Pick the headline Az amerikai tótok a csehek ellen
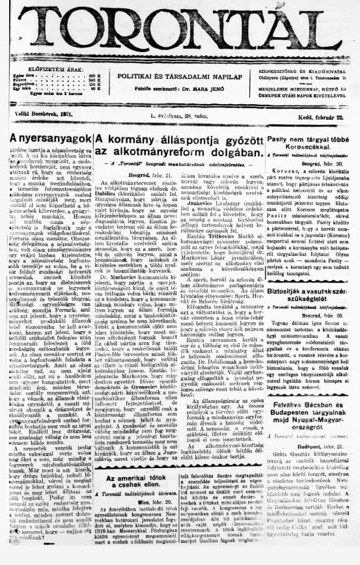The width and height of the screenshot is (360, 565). coord(135,479)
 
